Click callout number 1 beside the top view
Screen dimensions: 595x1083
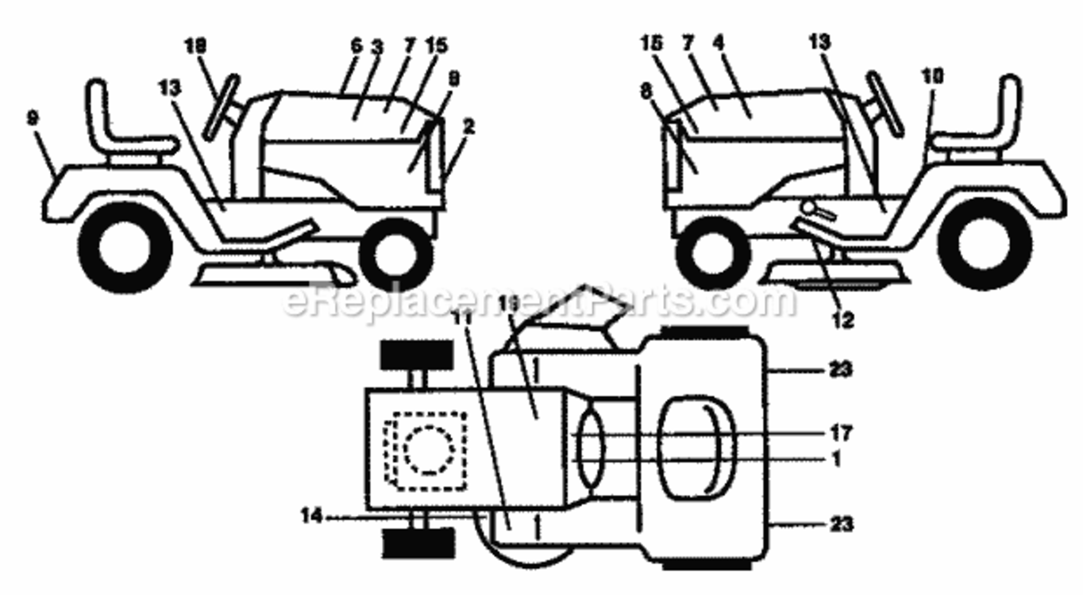point(835,459)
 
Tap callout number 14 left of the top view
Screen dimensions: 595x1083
point(312,516)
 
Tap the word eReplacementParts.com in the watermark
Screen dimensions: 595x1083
point(540,301)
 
